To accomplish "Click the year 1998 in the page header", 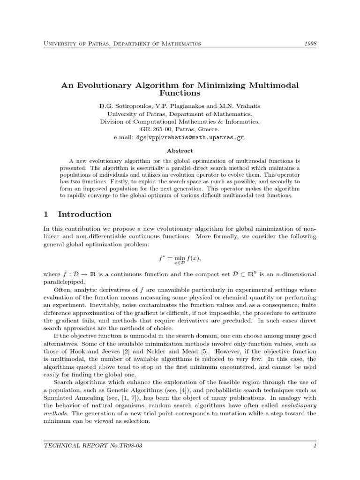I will click(309, 44).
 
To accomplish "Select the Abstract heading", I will click(180, 150).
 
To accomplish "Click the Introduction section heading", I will click(84, 214).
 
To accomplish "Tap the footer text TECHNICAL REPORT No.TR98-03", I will click(92, 446).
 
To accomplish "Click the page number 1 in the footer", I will click(315, 446).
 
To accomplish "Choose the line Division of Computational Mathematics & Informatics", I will click(180, 121).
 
